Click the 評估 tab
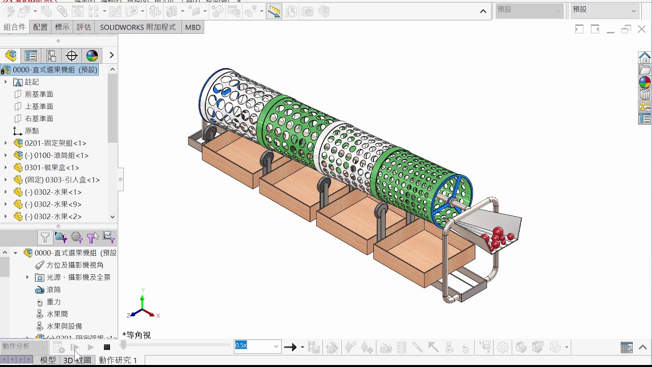click(84, 27)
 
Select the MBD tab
click(193, 27)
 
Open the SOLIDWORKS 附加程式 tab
click(138, 27)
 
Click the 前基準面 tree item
click(39, 94)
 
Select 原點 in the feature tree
click(32, 131)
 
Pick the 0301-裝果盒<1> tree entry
click(51, 168)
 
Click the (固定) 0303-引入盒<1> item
click(62, 180)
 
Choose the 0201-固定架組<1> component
click(55, 143)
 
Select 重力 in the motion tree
click(53, 302)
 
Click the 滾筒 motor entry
click(53, 290)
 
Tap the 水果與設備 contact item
click(64, 326)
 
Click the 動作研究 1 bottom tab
click(118, 360)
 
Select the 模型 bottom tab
click(48, 360)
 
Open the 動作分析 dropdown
click(24, 347)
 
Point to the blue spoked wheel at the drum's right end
click(452, 200)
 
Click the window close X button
click(641, 29)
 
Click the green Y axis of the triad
click(142, 299)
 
